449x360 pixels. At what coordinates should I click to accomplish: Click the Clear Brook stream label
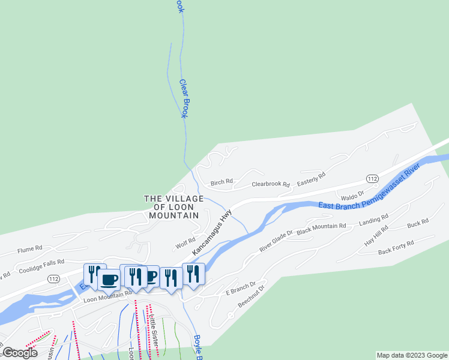(x=184, y=98)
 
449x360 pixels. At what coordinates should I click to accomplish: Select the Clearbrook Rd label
(x=271, y=185)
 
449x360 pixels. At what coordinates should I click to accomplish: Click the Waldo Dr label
(x=352, y=196)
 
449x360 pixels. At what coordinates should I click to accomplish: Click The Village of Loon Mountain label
(x=172, y=206)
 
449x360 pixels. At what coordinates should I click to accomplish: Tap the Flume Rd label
(x=30, y=248)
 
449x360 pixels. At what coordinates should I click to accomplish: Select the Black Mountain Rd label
(x=321, y=227)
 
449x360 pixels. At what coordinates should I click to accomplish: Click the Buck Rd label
(x=418, y=223)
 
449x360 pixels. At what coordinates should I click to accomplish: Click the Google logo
(x=20, y=353)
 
